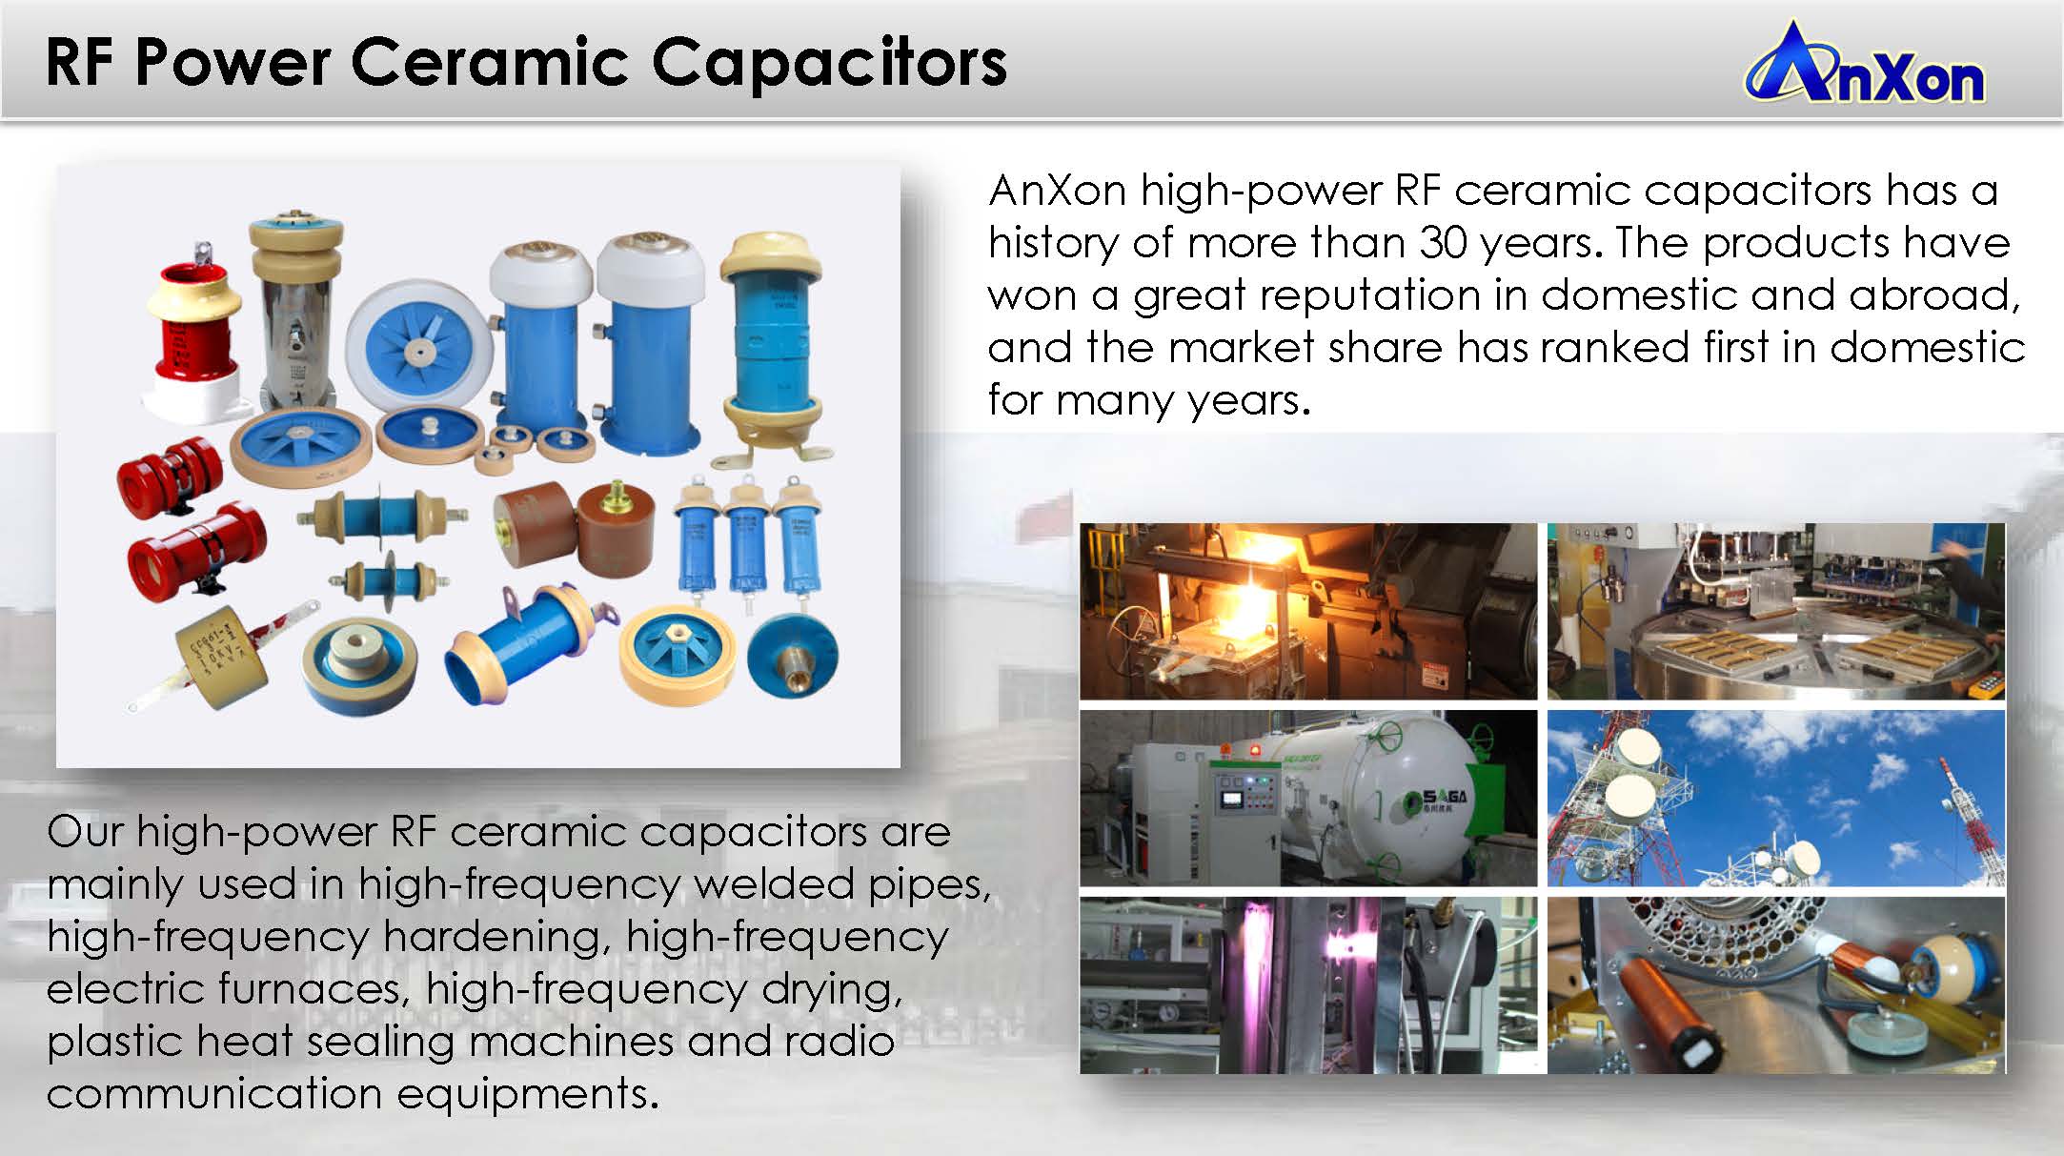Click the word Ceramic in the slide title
(489, 62)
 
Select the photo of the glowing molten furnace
(1308, 611)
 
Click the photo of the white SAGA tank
(1308, 798)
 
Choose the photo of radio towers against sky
(1776, 798)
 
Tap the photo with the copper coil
(1776, 984)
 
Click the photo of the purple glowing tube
(1308, 984)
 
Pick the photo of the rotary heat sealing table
(1776, 611)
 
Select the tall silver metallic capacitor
(296, 314)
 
